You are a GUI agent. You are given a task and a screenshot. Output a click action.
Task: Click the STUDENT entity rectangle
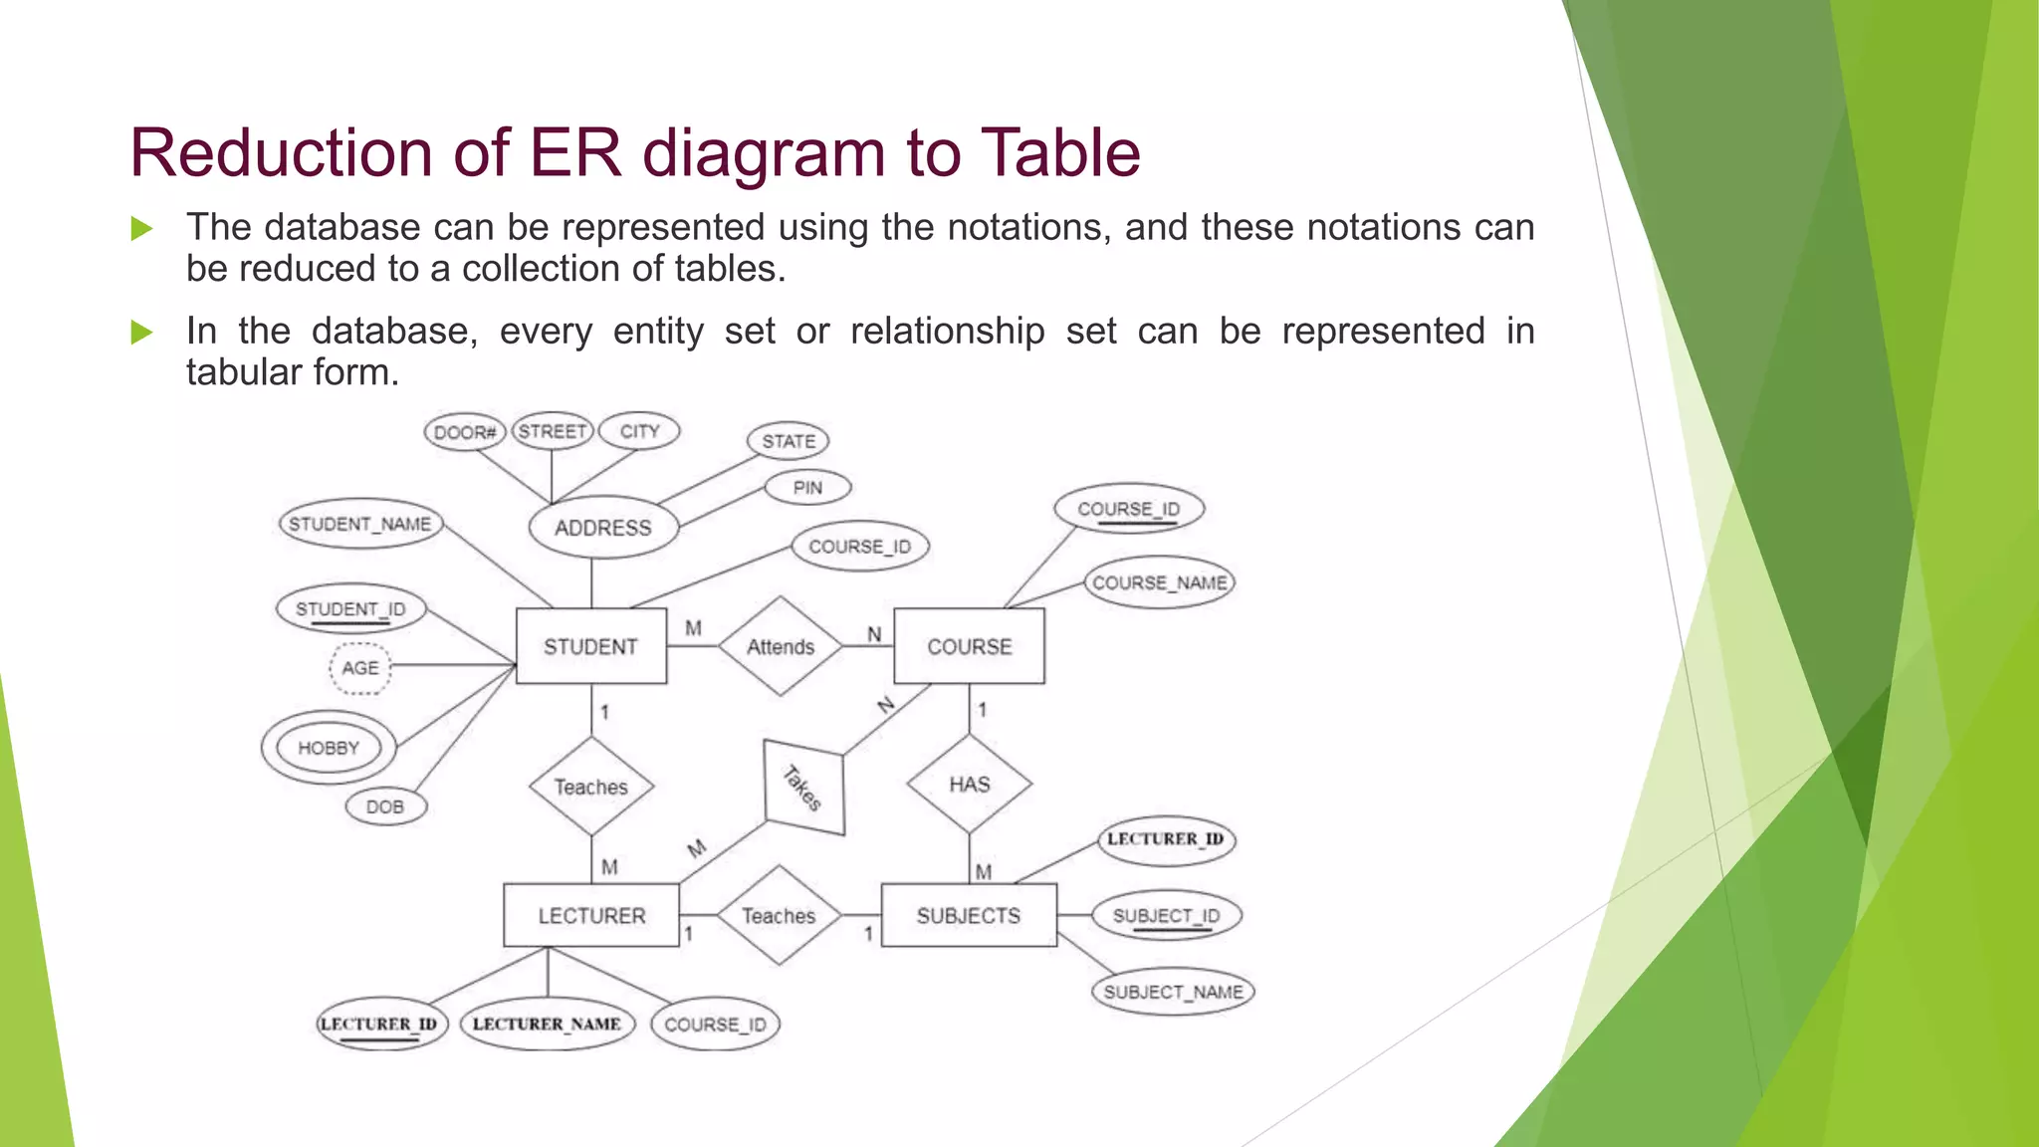tap(590, 646)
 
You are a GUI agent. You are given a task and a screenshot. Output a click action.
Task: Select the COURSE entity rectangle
tap(969, 646)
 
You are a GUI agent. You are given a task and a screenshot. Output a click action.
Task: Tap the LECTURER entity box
tap(591, 915)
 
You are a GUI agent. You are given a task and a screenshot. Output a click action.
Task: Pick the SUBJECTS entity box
tap(968, 915)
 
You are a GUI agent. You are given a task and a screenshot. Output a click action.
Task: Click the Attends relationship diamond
tap(781, 646)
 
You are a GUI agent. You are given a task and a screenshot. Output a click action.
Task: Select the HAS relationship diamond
tap(969, 785)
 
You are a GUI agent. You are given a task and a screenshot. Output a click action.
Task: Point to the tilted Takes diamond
tap(803, 788)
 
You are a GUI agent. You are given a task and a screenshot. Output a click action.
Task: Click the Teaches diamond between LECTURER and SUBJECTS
tap(779, 915)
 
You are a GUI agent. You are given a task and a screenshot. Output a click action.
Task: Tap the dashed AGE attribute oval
tap(360, 668)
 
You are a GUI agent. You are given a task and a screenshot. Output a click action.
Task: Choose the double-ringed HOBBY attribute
tap(329, 748)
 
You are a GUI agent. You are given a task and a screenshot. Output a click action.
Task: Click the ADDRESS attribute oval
tap(602, 528)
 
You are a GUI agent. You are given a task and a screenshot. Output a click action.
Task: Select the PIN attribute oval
tap(807, 488)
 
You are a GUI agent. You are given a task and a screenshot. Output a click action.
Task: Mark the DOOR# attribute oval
tap(464, 432)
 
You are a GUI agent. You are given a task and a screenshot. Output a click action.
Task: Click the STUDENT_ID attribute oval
tap(350, 609)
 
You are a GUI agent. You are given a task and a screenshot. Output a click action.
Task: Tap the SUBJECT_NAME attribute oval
tap(1173, 992)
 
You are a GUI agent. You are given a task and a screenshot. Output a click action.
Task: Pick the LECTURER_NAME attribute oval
tap(547, 1024)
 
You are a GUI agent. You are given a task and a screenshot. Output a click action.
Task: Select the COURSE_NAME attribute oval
tap(1159, 582)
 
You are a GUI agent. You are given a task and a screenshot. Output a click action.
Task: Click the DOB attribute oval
tap(385, 806)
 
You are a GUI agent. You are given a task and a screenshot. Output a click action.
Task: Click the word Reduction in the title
tap(278, 153)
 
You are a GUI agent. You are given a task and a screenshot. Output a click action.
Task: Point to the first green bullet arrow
tap(141, 229)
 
